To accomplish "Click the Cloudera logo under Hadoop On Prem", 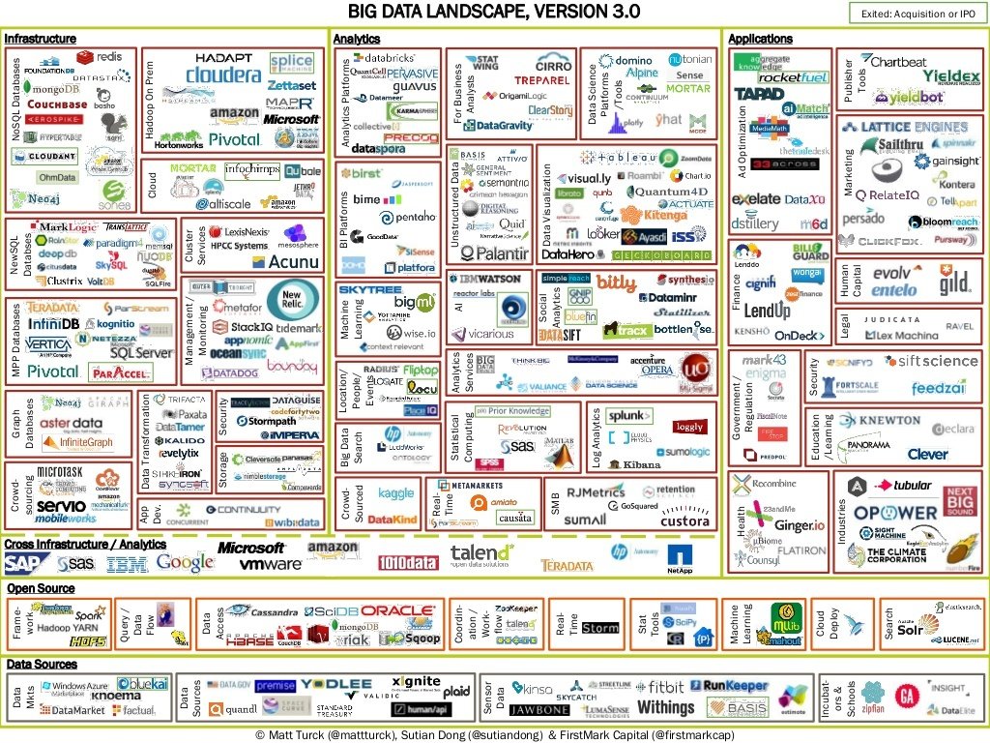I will pyautogui.click(x=223, y=74).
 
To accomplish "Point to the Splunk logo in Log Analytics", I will pyautogui.click(x=626, y=417).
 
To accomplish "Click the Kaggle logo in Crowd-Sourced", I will pyautogui.click(x=395, y=493).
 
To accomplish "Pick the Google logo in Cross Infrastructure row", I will pyautogui.click(x=185, y=561).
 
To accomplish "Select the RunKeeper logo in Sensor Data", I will pyautogui.click(x=735, y=686).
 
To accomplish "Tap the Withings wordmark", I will pyautogui.click(x=665, y=707).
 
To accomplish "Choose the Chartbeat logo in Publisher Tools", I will pyautogui.click(x=898, y=62).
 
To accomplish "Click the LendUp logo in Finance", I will pyautogui.click(x=767, y=311).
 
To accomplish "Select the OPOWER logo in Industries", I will pyautogui.click(x=894, y=512).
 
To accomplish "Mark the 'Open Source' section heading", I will pyautogui.click(x=41, y=588).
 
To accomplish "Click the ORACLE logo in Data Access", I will pyautogui.click(x=397, y=610).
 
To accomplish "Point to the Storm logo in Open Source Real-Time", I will pyautogui.click(x=599, y=628).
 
